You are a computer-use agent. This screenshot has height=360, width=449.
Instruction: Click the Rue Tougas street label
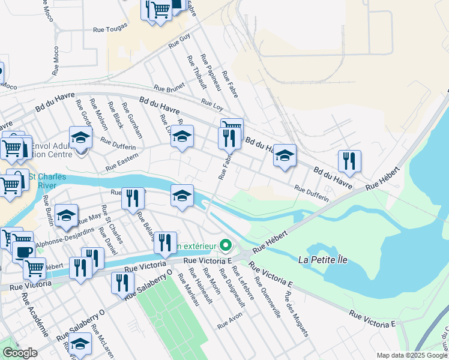point(111,28)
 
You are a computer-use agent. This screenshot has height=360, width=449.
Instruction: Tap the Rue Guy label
point(179,41)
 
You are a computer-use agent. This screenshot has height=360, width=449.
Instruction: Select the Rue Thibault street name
point(196,73)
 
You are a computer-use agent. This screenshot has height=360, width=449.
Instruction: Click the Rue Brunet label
point(169,88)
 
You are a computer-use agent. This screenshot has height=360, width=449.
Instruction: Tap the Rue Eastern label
point(122,161)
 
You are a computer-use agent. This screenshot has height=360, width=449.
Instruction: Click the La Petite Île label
point(322,260)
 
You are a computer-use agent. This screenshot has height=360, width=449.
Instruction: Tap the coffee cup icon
point(23,252)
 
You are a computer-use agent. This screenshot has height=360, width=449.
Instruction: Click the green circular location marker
point(226,245)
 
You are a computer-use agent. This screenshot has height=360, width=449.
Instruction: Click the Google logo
point(19,353)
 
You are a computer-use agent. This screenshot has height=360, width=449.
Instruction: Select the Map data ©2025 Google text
point(411,355)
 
